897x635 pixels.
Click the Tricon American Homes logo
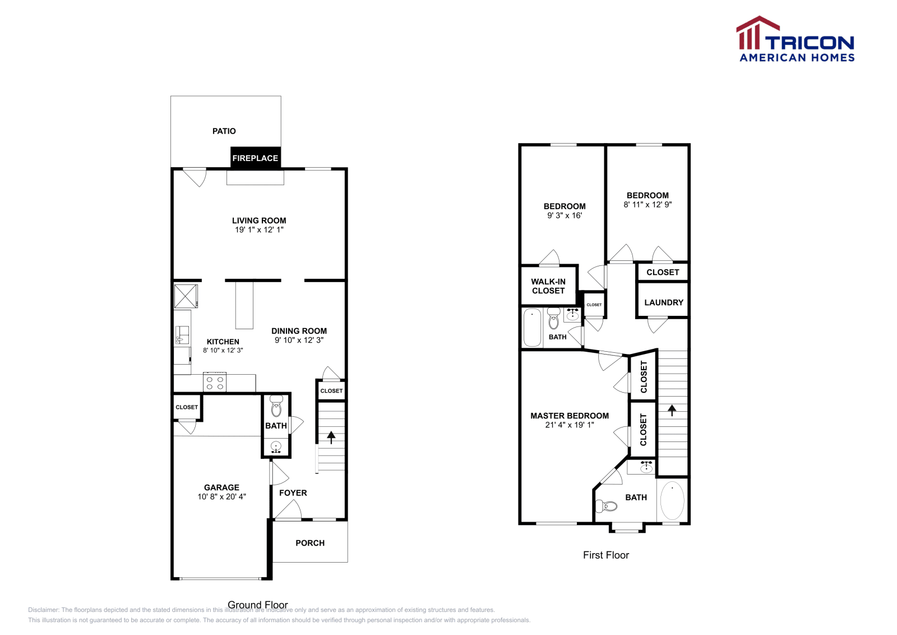(795, 39)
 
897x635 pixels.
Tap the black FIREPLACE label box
(255, 158)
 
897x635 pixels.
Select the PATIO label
(224, 131)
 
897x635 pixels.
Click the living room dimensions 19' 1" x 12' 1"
(259, 229)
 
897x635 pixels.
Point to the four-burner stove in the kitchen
(215, 383)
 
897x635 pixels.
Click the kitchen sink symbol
(182, 335)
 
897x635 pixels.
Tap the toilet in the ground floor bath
(276, 406)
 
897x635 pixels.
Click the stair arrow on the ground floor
(331, 436)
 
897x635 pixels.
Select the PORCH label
(310, 542)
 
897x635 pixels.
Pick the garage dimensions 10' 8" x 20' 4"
(221, 496)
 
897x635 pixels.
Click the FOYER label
(293, 493)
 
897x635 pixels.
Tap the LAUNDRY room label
(663, 302)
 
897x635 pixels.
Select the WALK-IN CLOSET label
(548, 286)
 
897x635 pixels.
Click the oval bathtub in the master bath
(672, 500)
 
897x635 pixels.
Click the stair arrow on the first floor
(672, 409)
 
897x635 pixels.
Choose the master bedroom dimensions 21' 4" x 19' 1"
(569, 425)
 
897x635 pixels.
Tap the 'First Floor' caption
(605, 555)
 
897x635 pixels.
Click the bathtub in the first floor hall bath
(532, 328)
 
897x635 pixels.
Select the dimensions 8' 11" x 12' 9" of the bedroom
(648, 204)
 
